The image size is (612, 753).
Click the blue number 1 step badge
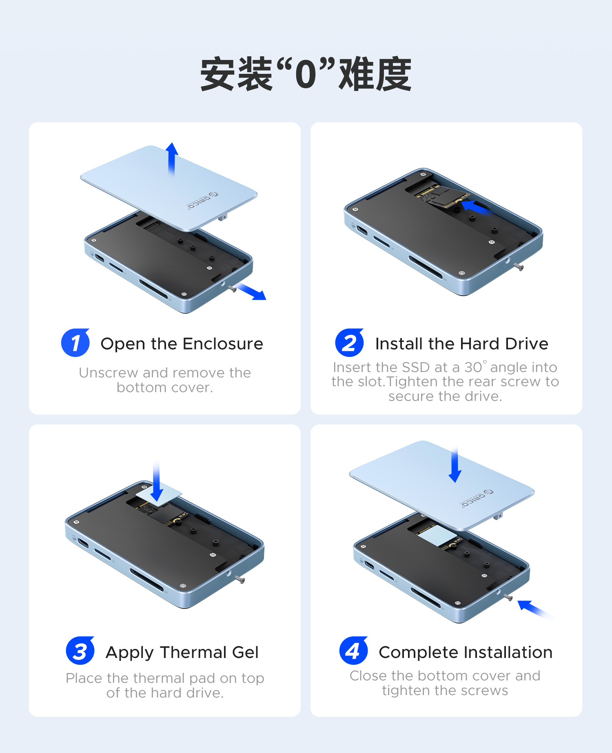click(75, 343)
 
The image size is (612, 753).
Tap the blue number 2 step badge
click(350, 343)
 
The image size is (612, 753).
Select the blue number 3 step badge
click(80, 651)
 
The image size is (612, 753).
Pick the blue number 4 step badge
click(354, 651)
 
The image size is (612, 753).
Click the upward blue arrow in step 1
click(172, 159)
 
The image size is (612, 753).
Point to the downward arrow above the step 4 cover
click(455, 465)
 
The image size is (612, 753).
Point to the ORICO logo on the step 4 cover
click(477, 498)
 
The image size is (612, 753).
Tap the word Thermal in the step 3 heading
click(193, 652)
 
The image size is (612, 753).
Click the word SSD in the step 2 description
click(416, 367)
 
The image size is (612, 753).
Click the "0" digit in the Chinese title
click(306, 75)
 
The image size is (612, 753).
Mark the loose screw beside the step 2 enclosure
click(519, 267)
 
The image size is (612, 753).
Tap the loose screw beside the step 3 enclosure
click(240, 579)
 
